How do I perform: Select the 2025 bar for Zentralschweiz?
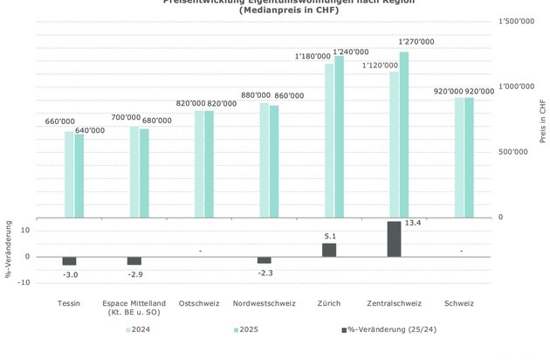pos(403,135)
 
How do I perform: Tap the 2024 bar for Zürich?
pos(329,140)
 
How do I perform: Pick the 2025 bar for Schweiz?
pos(469,157)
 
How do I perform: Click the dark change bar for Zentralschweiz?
pos(394,239)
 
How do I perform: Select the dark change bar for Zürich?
pos(329,249)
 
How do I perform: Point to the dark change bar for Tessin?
pos(69,260)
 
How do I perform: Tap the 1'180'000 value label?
pos(313,56)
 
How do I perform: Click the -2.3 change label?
pos(265,273)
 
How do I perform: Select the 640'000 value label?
pos(90,131)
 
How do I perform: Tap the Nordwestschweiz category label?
pos(265,303)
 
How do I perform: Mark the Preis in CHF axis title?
pos(542,121)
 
